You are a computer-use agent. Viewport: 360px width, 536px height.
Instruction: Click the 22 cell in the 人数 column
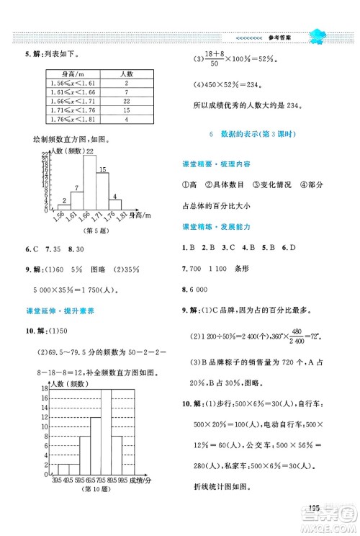click(x=126, y=102)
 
